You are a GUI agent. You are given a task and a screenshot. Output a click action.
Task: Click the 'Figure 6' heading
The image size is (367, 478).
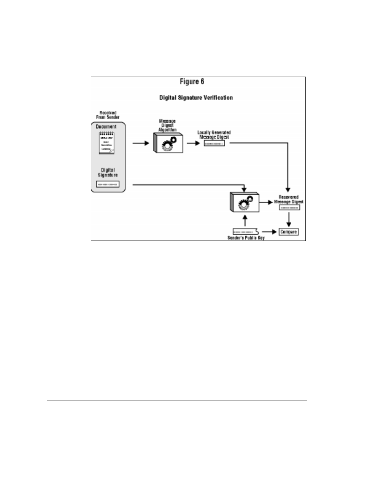(192, 82)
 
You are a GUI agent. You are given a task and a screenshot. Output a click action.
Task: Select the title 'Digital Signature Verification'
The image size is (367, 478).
(196, 98)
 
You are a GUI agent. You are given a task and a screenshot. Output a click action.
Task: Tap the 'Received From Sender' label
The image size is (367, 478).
(108, 115)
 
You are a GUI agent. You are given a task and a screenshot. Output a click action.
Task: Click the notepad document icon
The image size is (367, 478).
(107, 143)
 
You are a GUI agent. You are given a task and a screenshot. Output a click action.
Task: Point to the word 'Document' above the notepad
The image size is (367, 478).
(106, 127)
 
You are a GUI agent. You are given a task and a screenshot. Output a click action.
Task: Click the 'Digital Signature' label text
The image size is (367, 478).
(108, 172)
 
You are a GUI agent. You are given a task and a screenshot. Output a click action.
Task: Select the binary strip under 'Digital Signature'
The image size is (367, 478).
(108, 184)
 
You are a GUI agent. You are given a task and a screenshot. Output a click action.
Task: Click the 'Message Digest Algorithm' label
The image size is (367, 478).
(167, 125)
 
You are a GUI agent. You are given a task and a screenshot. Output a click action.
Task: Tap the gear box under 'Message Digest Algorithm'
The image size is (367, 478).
(168, 143)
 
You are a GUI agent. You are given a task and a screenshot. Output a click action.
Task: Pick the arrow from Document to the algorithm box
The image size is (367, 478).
(141, 143)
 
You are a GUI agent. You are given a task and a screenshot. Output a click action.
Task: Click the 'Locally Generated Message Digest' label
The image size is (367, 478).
(214, 135)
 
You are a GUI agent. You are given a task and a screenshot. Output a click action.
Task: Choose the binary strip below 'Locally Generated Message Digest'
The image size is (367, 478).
(214, 143)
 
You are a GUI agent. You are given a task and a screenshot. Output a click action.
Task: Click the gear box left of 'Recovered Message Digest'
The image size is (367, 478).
(244, 202)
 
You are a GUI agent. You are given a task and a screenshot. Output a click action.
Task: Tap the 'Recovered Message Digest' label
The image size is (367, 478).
(289, 199)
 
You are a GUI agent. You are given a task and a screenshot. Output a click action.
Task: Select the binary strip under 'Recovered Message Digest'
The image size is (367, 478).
(289, 207)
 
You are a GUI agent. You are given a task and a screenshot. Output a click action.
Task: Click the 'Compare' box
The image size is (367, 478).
(289, 232)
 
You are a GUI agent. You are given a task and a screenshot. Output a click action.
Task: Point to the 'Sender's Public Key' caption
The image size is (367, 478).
(246, 238)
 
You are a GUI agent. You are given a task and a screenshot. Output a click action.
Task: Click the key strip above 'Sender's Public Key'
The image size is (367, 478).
(245, 232)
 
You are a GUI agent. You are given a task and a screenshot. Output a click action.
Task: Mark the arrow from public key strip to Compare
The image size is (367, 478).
(270, 232)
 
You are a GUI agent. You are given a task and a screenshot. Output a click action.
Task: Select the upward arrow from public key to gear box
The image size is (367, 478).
(245, 220)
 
